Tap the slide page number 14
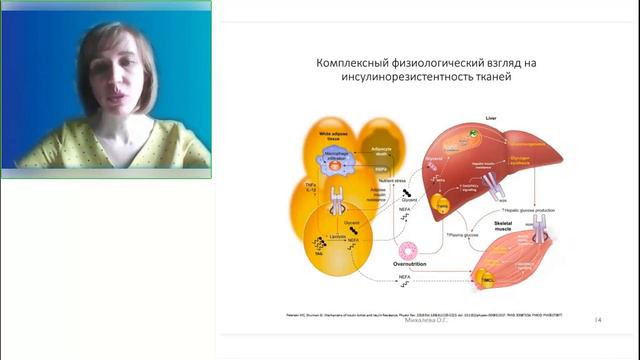pos(598,319)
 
